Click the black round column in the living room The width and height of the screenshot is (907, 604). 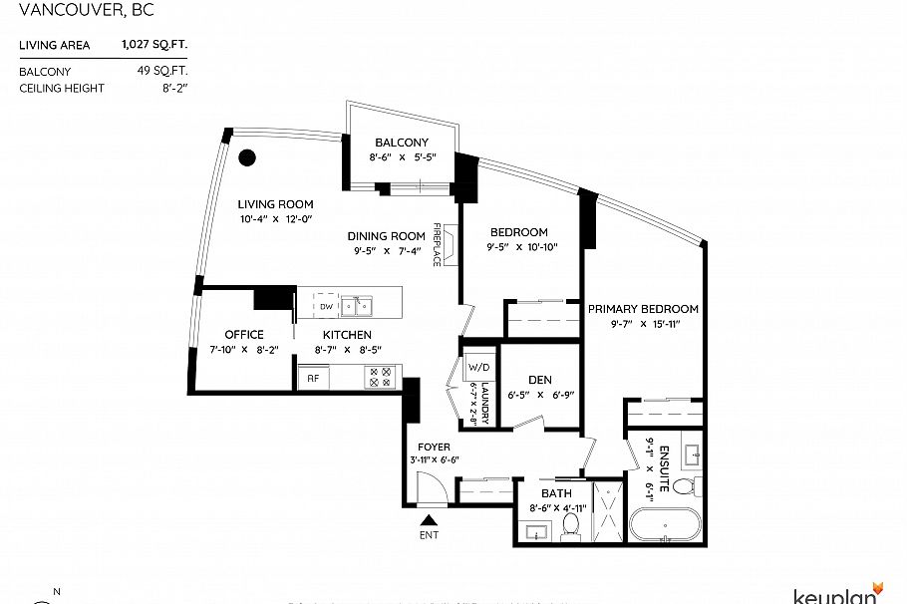click(x=247, y=157)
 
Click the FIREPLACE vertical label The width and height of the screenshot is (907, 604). click(x=437, y=244)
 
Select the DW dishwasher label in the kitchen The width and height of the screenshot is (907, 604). click(x=326, y=307)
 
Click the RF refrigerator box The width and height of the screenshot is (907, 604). click(x=313, y=379)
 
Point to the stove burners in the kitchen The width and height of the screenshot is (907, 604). click(x=381, y=377)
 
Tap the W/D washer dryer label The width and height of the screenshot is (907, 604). click(x=476, y=367)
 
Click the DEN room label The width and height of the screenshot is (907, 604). click(x=540, y=379)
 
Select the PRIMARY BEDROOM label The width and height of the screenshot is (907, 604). click(x=643, y=309)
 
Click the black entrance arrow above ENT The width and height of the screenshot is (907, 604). click(x=429, y=519)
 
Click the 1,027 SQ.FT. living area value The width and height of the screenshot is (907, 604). click(x=154, y=45)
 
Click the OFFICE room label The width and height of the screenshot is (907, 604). click(x=244, y=335)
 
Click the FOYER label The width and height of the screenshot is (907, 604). click(x=434, y=448)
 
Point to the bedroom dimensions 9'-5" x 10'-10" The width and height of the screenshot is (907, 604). click(x=521, y=247)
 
